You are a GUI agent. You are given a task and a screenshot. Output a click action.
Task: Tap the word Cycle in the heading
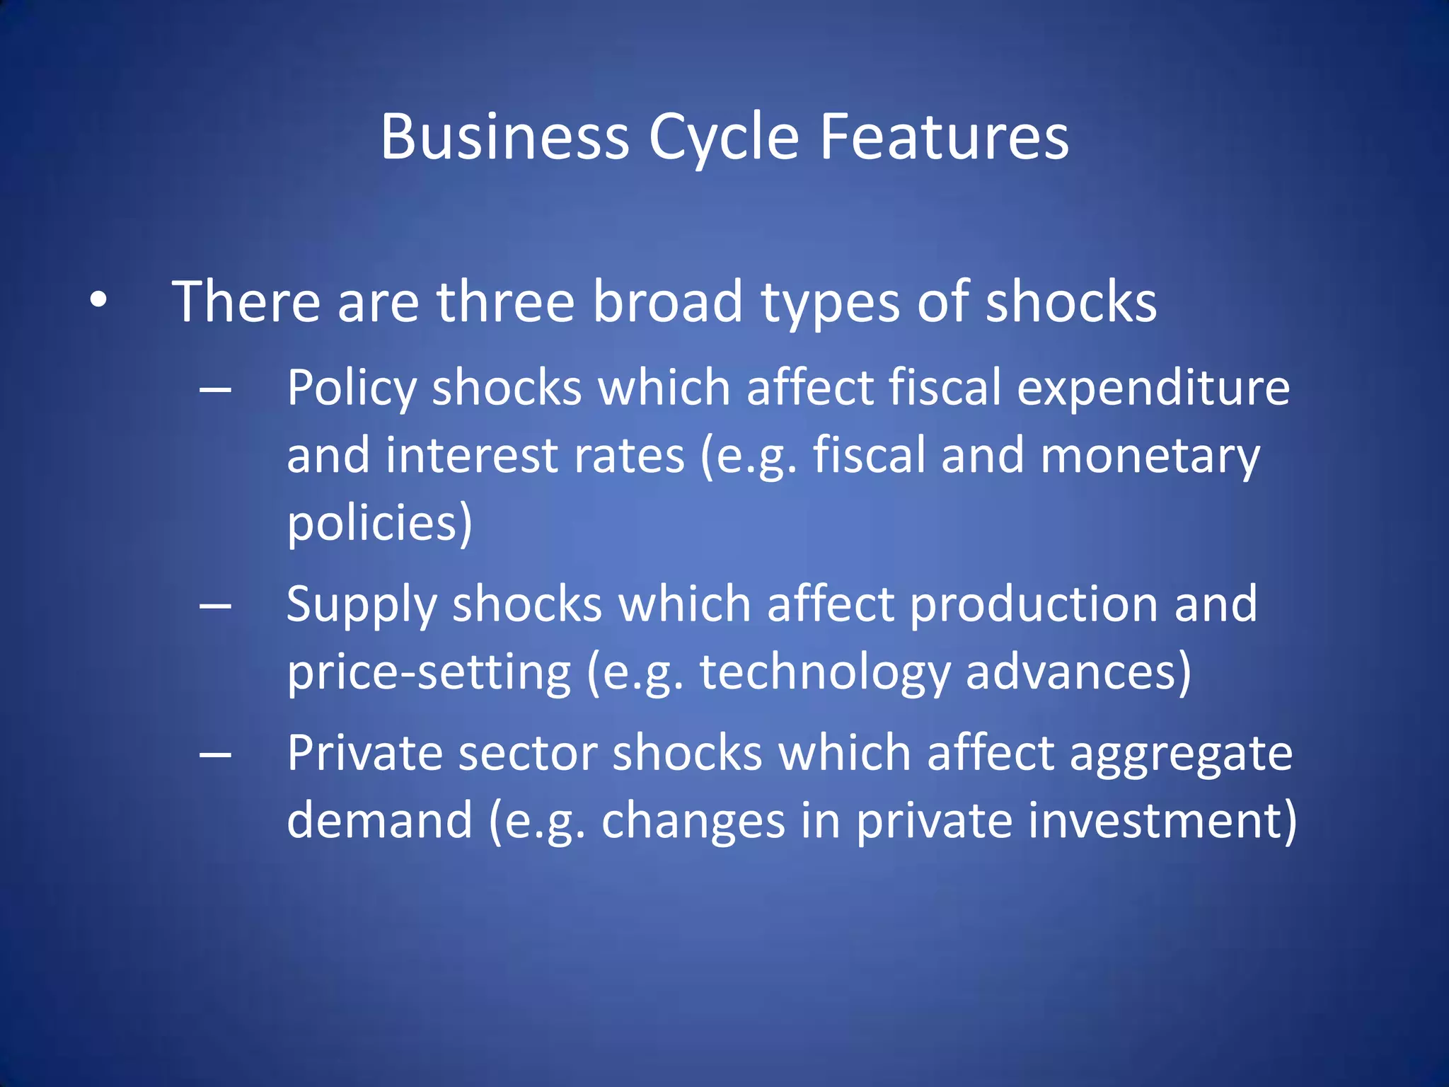(x=724, y=138)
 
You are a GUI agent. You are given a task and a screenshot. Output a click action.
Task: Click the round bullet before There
(x=98, y=300)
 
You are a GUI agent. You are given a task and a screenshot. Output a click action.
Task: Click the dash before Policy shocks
(x=216, y=389)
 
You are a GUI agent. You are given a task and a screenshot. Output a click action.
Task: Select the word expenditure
(x=1153, y=389)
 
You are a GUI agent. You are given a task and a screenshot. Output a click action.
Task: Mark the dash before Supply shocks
(x=216, y=606)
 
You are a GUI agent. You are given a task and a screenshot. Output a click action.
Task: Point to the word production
(x=1033, y=606)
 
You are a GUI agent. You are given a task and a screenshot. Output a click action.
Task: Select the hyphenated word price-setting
(x=429, y=672)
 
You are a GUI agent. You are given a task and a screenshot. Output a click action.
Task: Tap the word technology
(x=825, y=673)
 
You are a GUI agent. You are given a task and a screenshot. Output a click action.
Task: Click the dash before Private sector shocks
(x=216, y=754)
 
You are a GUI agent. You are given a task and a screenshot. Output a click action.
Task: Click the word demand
(x=379, y=820)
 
